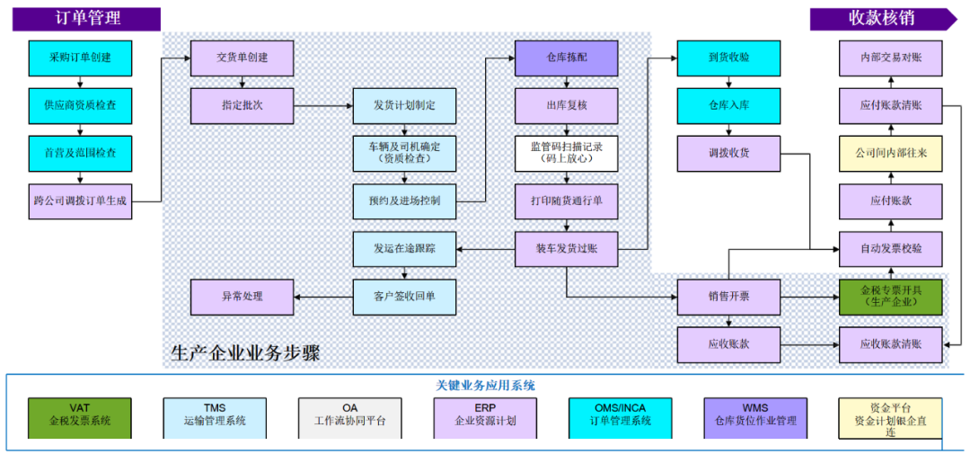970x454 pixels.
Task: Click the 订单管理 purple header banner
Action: coord(86,19)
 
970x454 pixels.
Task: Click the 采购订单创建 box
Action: coord(80,58)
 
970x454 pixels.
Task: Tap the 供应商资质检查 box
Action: coord(80,105)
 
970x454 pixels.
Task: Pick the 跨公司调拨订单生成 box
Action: coord(80,201)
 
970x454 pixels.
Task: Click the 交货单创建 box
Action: coord(242,58)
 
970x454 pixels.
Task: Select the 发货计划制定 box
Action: coord(404,105)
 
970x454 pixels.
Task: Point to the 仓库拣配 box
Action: coord(566,58)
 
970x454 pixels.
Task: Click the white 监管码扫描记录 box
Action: coord(566,153)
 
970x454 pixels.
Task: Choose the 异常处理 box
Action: coord(242,297)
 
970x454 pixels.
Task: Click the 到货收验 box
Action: coord(728,58)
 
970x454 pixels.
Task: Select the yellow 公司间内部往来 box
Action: coord(891,153)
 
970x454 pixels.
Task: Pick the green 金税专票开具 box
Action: coord(891,297)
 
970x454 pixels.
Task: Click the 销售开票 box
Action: coord(728,297)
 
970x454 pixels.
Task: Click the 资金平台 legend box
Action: coord(890,418)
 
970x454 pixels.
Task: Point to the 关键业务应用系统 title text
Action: coord(485,385)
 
